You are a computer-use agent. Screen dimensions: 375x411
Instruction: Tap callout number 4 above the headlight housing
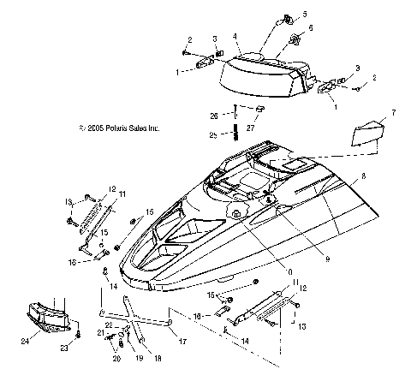click(235, 37)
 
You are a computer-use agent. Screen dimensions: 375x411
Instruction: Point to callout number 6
click(310, 28)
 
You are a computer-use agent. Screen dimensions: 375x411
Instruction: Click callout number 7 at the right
click(394, 112)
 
